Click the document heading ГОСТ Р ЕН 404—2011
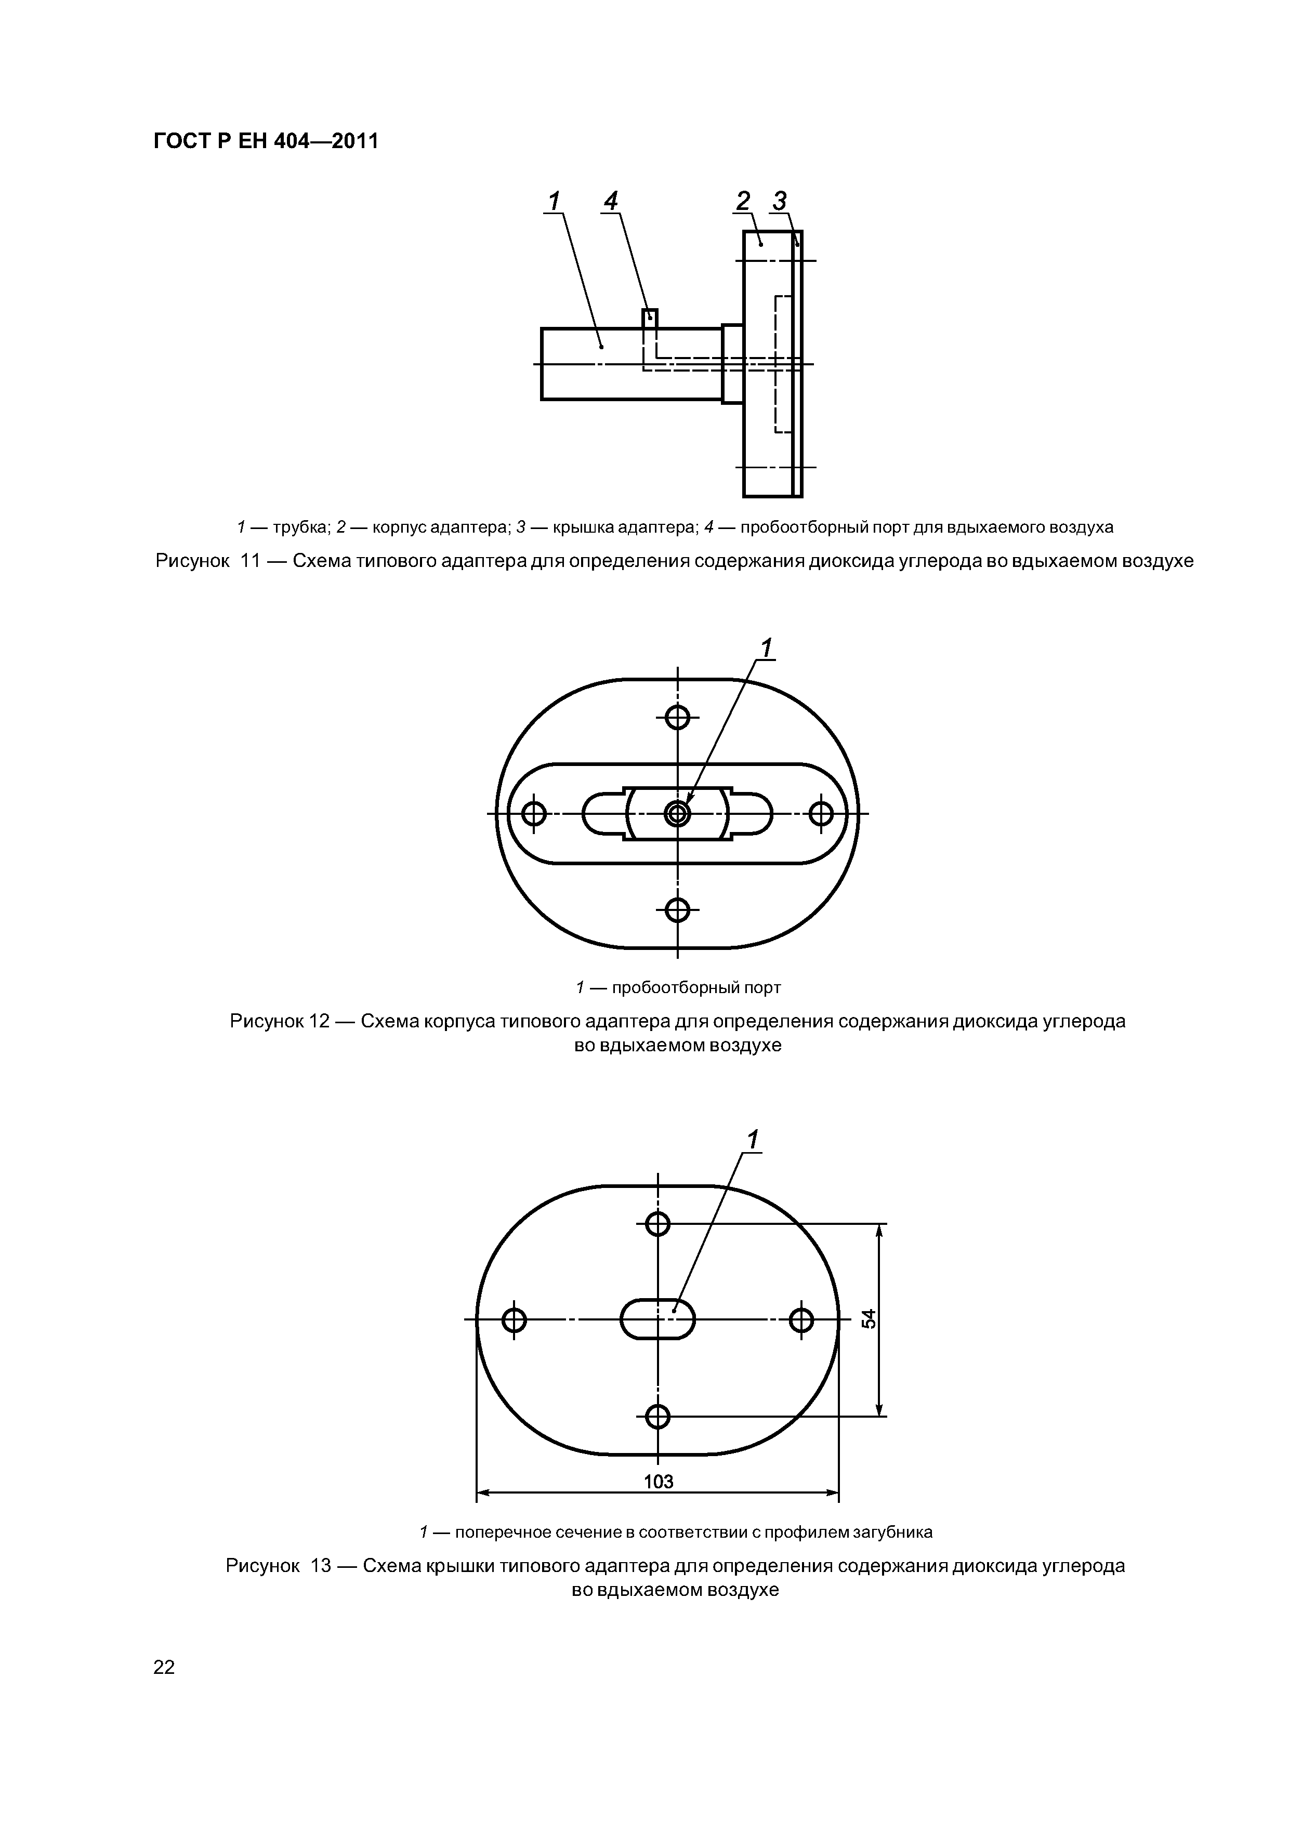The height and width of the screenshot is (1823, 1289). pyautogui.click(x=265, y=141)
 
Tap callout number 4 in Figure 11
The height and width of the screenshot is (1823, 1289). pyautogui.click(x=610, y=202)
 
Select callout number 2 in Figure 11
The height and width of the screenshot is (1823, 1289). pyautogui.click(x=743, y=202)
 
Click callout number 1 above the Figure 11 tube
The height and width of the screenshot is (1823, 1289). pyautogui.click(x=554, y=202)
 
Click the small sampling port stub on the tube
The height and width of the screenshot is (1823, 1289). pyautogui.click(x=650, y=318)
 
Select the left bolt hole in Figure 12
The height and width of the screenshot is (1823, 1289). pyautogui.click(x=534, y=813)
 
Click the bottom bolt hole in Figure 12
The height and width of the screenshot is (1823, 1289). pyautogui.click(x=677, y=909)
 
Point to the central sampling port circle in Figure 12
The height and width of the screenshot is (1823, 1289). pyautogui.click(x=677, y=813)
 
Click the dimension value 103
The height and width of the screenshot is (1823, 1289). pyautogui.click(x=659, y=1482)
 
